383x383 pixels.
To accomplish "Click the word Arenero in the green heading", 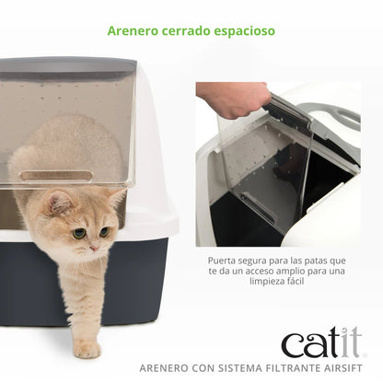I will [x=132, y=30].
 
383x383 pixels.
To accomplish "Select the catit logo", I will [x=322, y=343].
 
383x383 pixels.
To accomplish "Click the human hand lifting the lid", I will [x=230, y=99].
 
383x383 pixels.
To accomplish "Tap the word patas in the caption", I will [x=322, y=260].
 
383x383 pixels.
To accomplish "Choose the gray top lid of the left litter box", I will [x=69, y=66].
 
